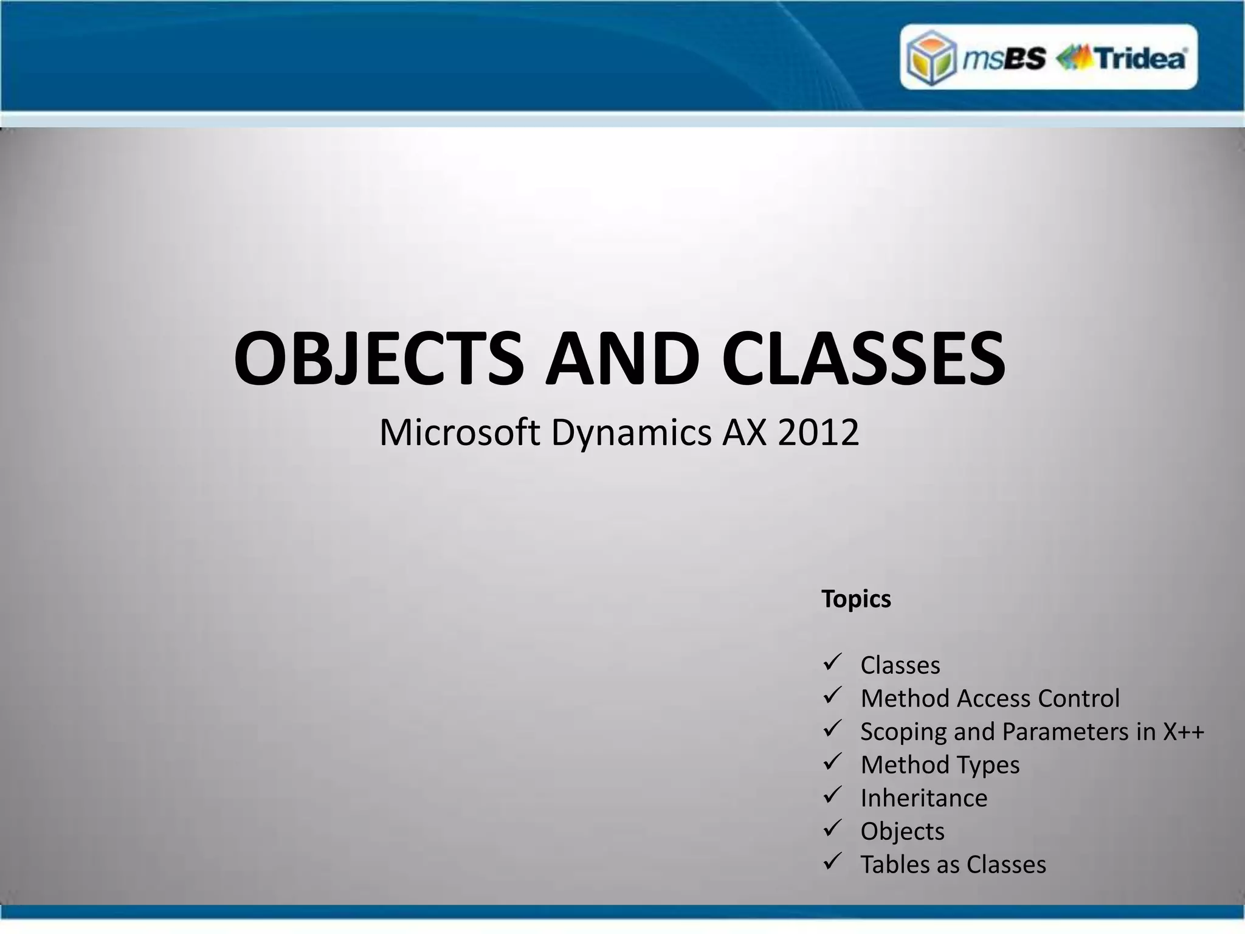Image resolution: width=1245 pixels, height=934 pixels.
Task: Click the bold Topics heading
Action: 856,600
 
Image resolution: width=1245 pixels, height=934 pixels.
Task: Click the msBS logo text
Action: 1004,59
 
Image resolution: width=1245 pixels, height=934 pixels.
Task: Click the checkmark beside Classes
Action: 832,663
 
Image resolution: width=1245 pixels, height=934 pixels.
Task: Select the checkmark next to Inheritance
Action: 832,795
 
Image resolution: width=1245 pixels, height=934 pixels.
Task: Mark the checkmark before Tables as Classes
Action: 832,862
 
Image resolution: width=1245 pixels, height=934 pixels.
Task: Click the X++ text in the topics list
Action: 1183,732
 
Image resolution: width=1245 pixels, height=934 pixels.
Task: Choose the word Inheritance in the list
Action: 924,798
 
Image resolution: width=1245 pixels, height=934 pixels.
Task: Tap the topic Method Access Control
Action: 990,699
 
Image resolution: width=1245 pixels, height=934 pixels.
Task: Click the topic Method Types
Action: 940,765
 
